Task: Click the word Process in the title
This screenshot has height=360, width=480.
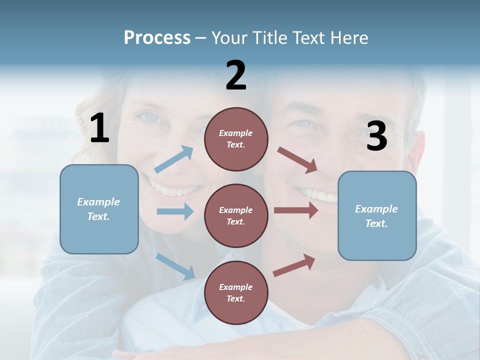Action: click(157, 37)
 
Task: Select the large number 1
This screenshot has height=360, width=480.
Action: click(99, 128)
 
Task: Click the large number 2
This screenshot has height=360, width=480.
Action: click(236, 75)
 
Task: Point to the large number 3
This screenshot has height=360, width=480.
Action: click(376, 136)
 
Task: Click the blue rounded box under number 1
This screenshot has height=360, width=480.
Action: click(99, 209)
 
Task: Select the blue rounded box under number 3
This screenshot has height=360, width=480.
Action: click(377, 215)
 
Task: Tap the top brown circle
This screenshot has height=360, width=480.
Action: click(236, 139)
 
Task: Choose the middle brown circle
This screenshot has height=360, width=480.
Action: click(236, 215)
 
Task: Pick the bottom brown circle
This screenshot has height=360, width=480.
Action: click(236, 292)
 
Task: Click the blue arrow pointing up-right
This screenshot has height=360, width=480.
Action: click(174, 159)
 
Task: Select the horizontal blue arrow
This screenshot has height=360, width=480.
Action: click(175, 211)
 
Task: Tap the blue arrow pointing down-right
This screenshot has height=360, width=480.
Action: click(175, 266)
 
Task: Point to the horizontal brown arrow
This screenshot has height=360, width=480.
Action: click(296, 210)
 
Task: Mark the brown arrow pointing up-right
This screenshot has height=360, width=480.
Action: click(294, 265)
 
